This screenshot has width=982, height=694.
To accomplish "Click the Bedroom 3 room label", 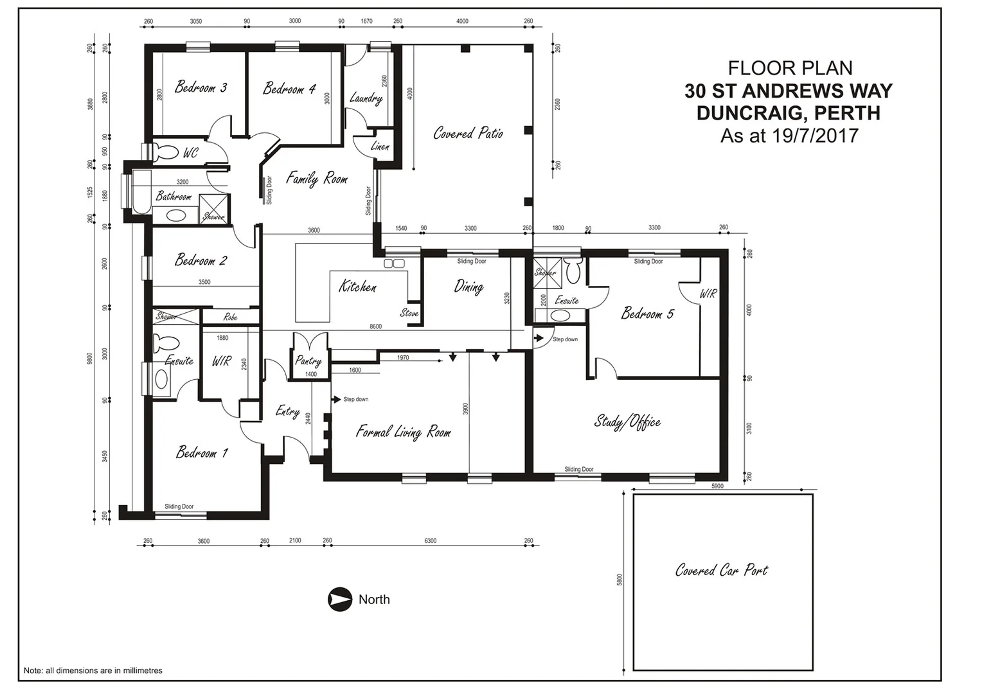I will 201,87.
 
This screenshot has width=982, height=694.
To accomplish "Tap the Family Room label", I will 316,178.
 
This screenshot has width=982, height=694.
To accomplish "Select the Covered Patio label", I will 468,133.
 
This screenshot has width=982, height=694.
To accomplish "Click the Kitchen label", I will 357,287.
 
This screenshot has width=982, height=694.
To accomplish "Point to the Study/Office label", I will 627,422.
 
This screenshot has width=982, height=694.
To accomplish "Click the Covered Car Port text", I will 721,570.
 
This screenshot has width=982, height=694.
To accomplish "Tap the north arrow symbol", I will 340,600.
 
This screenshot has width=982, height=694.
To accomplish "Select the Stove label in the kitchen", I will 409,313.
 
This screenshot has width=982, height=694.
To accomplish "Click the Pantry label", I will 308,360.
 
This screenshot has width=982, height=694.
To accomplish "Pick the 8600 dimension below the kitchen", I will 375,326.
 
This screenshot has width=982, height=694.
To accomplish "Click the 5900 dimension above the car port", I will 717,486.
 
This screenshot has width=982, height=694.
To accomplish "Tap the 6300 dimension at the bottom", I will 431,541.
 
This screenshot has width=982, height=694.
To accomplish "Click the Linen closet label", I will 380,147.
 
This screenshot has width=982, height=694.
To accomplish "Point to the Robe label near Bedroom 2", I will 230,317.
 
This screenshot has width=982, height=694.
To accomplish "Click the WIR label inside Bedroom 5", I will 708,294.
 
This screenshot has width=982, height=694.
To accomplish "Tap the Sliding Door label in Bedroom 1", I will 179,506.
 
